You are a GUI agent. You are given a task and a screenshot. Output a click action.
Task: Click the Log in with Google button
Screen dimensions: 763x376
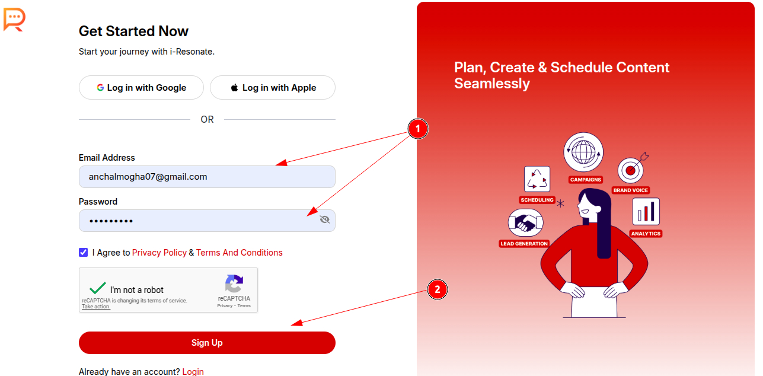[141, 88]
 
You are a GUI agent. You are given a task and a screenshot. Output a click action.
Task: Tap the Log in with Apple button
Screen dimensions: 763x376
[273, 88]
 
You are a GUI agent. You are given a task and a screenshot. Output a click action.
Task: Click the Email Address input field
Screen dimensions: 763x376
[207, 177]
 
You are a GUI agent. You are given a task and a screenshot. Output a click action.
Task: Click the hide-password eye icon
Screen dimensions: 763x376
[325, 219]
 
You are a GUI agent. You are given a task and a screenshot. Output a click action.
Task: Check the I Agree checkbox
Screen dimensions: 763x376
[84, 252]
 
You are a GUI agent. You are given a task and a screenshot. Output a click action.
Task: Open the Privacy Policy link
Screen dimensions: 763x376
[159, 253]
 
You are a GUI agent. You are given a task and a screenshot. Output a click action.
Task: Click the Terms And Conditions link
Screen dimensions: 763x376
[239, 253]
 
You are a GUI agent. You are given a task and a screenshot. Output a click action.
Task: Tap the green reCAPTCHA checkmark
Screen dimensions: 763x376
[98, 288]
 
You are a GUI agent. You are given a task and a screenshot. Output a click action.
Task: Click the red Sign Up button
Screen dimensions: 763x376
[207, 343]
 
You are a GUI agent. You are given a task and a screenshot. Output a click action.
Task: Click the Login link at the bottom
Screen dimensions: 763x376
[193, 372]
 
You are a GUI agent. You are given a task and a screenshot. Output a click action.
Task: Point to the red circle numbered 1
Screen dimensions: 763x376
[418, 129]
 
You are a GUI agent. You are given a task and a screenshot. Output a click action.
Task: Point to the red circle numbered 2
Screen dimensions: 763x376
[438, 289]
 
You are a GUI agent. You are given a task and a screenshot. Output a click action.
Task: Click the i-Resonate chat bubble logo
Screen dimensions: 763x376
[14, 20]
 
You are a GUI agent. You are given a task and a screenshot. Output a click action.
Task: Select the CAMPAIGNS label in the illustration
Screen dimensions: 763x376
[586, 180]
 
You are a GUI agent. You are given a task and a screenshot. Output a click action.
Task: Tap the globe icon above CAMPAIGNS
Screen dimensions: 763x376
[583, 152]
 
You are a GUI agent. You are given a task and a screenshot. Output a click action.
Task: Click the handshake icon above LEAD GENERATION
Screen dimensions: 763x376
[526, 223]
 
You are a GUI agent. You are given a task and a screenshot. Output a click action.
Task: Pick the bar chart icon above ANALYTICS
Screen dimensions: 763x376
[646, 212]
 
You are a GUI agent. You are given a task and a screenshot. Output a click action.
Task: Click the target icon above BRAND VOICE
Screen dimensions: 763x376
[631, 170]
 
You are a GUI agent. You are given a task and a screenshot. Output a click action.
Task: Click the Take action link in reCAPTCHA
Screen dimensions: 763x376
[95, 307]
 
